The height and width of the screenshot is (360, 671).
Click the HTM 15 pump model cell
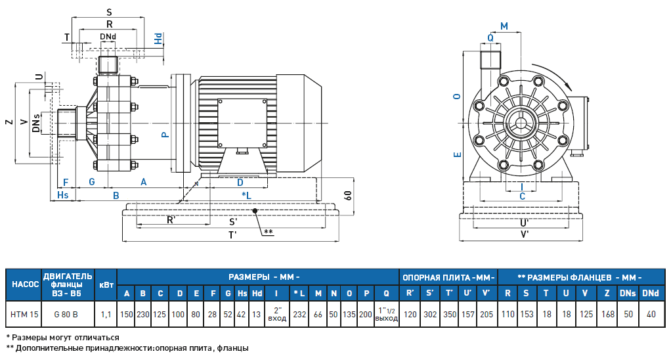[24, 315]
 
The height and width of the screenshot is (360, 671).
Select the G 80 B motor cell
[68, 315]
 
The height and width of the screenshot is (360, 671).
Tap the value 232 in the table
[299, 315]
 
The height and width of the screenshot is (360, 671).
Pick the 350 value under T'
[450, 315]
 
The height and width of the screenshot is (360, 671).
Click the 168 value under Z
[607, 315]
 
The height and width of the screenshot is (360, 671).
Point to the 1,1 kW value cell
[106, 315]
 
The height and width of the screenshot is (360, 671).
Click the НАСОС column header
[24, 284]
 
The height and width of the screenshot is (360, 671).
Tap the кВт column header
[106, 284]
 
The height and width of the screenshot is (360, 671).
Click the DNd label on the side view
[108, 36]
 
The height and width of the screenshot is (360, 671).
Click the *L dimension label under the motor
[246, 195]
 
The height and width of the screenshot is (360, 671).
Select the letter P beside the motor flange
[165, 134]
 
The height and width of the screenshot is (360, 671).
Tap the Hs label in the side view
[62, 195]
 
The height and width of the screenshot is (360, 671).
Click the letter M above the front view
[504, 26]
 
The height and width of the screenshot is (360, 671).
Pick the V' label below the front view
[525, 233]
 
